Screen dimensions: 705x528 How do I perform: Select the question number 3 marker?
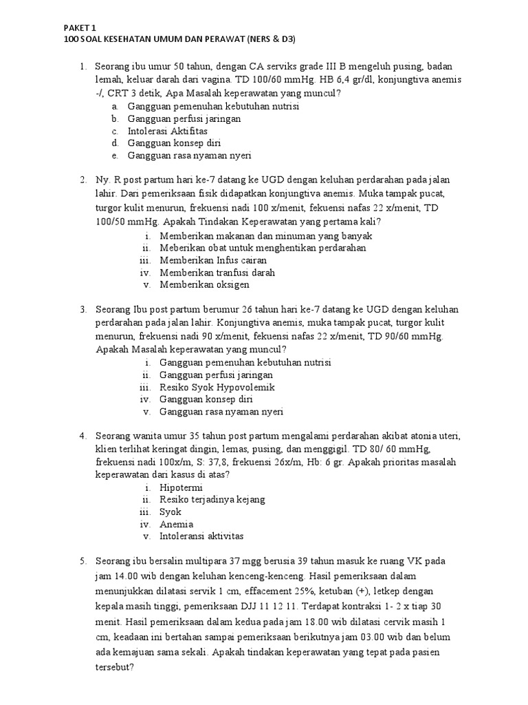82,309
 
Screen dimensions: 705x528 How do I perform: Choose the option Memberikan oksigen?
204,284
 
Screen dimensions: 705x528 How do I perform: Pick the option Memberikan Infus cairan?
213,260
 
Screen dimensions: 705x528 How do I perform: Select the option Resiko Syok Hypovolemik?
217,387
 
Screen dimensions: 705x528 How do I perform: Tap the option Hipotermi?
182,487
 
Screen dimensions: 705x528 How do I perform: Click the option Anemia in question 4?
177,524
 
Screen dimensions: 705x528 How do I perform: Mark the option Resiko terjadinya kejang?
212,499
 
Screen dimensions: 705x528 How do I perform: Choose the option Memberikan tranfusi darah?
217,273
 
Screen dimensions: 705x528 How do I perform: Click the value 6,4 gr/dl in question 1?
319,80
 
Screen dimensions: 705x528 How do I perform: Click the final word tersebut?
114,667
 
